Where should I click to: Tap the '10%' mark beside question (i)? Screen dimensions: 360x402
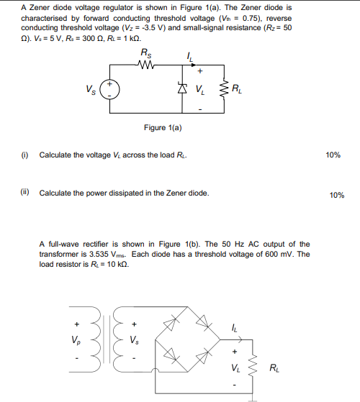[333, 155]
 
